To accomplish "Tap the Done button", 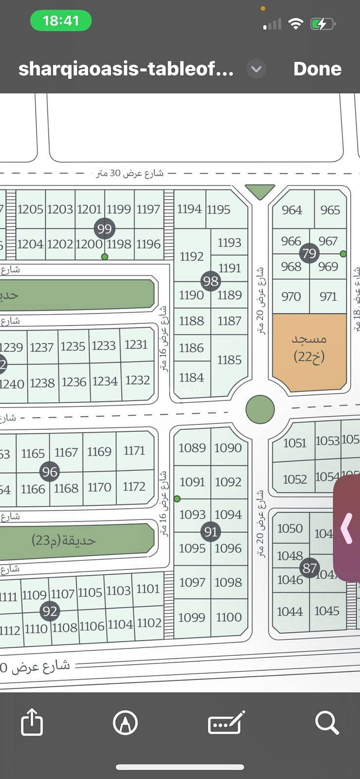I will [317, 69].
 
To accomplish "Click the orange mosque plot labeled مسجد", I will [309, 348].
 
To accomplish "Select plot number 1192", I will [191, 256].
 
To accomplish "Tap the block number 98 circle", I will [210, 281].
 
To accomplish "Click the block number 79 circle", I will [309, 253].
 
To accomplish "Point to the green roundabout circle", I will [260, 409].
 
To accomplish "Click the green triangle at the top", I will [260, 191].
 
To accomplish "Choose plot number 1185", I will [229, 360].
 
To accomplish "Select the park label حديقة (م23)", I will [64, 540].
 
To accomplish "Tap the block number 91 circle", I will [210, 532].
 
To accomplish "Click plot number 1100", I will [229, 617].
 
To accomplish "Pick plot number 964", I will [292, 210].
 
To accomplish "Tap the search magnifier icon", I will [326, 723].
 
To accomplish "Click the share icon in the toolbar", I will [32, 722].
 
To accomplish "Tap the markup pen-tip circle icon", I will [125, 723].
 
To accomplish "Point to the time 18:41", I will [60, 21].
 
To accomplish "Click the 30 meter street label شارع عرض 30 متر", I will [130, 173].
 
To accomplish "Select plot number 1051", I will [295, 443].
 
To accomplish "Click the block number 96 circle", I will [50, 471].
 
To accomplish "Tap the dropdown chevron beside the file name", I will [256, 69].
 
